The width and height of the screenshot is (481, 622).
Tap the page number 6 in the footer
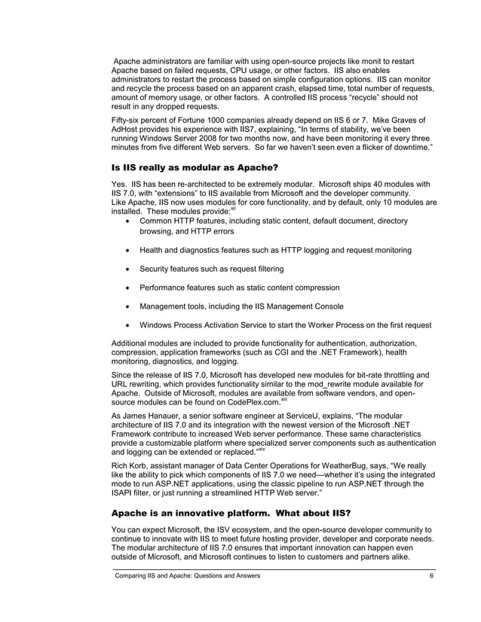[x=430, y=576]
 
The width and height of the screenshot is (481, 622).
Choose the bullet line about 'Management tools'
[x=241, y=306]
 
